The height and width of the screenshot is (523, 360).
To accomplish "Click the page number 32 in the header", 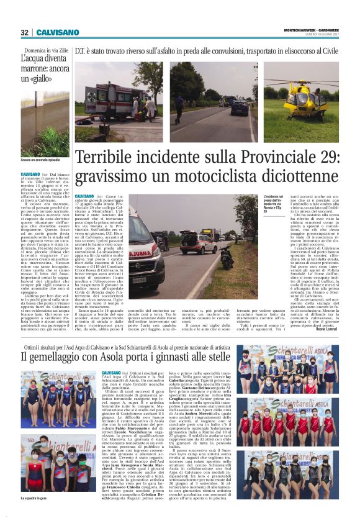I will tap(24, 32).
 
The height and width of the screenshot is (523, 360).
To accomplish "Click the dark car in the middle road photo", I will tap(240, 107).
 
